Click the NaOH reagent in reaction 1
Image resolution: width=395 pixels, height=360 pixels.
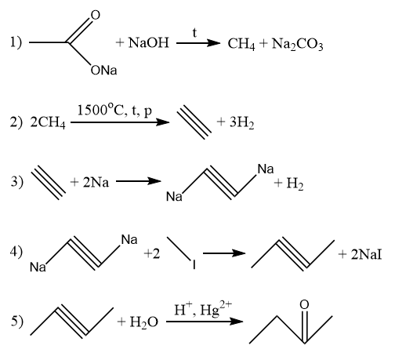pos(149,42)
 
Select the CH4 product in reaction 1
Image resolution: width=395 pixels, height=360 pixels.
pos(241,44)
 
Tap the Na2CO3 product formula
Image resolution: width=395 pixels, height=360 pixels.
pos(298,44)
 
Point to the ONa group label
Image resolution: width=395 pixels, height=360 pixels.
pos(103,71)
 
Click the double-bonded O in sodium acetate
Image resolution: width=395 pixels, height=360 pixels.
pos(96,15)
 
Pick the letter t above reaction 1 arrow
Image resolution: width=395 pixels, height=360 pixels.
pos(194,33)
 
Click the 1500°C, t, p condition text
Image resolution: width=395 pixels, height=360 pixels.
pos(114,111)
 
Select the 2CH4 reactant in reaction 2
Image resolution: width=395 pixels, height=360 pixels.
pos(48,122)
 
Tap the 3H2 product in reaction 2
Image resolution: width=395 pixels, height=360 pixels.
pos(241,122)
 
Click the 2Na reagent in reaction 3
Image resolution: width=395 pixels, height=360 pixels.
pos(96,182)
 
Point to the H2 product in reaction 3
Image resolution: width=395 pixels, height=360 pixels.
pos(295,184)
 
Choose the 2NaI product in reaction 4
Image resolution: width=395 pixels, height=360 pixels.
pos(366,254)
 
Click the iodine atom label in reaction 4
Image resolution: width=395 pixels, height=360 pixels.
pos(194,264)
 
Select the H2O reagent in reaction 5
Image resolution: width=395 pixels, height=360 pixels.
pos(143,322)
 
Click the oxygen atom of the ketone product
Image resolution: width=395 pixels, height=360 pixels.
pos(304,304)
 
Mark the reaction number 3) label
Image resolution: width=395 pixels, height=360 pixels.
pos(17,182)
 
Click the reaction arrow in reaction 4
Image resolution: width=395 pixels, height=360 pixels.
pos(224,253)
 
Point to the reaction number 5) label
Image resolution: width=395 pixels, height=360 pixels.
pos(17,322)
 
